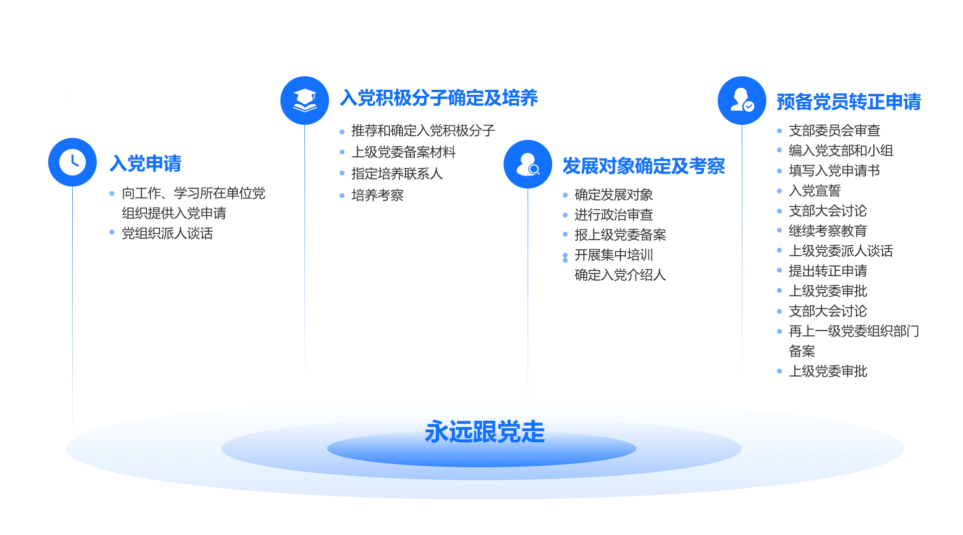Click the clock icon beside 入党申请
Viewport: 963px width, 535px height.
click(x=72, y=162)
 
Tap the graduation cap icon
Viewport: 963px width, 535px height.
click(x=304, y=100)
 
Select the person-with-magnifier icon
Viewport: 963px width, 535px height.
click(x=528, y=164)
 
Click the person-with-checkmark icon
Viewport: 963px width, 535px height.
click(x=742, y=100)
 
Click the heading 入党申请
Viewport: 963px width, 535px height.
click(x=145, y=163)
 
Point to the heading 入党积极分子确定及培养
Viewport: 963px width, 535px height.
click(x=439, y=98)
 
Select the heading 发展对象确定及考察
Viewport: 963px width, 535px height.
click(x=644, y=166)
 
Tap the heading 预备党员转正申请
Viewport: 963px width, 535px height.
click(x=849, y=102)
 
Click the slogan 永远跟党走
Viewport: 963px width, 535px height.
click(x=485, y=432)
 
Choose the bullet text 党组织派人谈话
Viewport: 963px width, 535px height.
click(x=168, y=233)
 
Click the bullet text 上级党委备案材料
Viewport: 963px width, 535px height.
click(x=404, y=152)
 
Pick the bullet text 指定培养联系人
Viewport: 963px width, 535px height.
click(x=397, y=173)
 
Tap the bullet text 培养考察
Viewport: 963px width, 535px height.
click(x=378, y=195)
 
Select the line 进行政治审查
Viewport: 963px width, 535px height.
click(x=614, y=215)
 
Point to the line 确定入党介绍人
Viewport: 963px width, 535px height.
click(x=620, y=275)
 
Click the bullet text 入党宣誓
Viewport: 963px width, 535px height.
click(x=815, y=191)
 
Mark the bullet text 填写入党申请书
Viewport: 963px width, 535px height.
click(x=835, y=170)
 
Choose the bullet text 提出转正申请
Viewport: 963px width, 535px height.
click(x=828, y=271)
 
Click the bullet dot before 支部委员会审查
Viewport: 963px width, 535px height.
click(x=779, y=131)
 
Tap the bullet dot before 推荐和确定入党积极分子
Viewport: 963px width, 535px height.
click(x=342, y=132)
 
